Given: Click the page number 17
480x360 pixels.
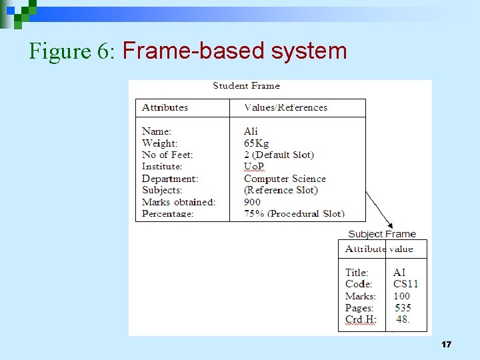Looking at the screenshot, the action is pyautogui.click(x=446, y=345).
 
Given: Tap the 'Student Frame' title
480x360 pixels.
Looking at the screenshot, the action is pyautogui.click(x=246, y=85).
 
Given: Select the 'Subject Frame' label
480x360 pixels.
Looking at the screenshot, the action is pyautogui.click(x=381, y=234).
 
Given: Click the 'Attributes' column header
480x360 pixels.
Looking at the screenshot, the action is pyautogui.click(x=165, y=107).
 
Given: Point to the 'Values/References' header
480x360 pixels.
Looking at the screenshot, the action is pyautogui.click(x=286, y=107).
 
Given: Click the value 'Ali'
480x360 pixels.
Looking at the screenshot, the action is pyautogui.click(x=251, y=131).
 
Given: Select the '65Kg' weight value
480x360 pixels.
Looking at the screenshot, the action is pyautogui.click(x=256, y=143).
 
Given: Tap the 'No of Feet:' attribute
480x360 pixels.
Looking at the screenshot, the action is pyautogui.click(x=167, y=155).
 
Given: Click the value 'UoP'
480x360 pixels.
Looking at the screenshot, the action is pyautogui.click(x=254, y=167).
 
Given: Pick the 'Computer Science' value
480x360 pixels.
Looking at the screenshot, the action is pyautogui.click(x=285, y=179).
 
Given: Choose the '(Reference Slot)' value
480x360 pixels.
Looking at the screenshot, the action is pyautogui.click(x=281, y=190).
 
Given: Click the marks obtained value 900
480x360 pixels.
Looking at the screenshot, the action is pyautogui.click(x=252, y=202).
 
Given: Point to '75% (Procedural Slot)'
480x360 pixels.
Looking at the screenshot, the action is pyautogui.click(x=294, y=214).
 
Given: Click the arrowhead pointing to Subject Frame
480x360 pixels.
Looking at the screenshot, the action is pyautogui.click(x=389, y=225).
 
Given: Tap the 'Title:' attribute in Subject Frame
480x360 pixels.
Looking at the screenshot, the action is pyautogui.click(x=357, y=273).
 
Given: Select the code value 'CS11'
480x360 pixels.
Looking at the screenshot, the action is pyautogui.click(x=405, y=284).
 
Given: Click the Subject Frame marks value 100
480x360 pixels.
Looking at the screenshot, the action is pyautogui.click(x=401, y=296).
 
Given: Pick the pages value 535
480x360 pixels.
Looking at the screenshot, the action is pyautogui.click(x=403, y=308).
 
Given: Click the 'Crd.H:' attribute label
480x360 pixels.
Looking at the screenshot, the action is pyautogui.click(x=361, y=320).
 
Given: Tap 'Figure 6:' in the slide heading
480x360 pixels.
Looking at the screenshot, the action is pyautogui.click(x=73, y=51).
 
